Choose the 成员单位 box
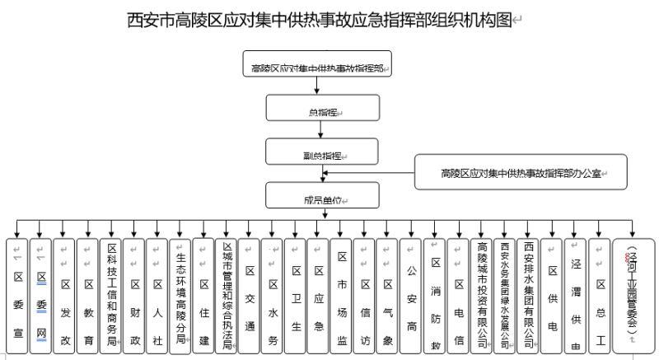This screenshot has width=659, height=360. point(322,195)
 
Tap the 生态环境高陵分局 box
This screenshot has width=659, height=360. point(180,297)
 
